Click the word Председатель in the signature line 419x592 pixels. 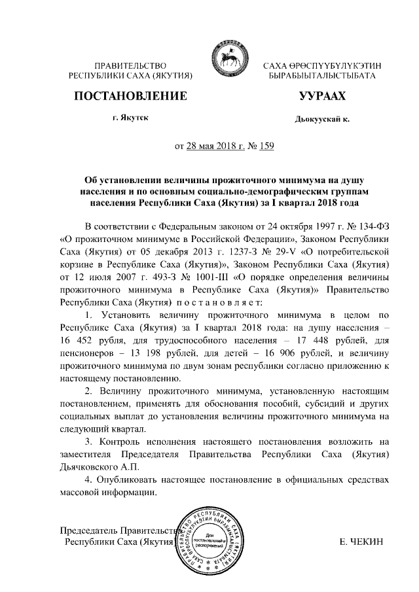89,530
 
